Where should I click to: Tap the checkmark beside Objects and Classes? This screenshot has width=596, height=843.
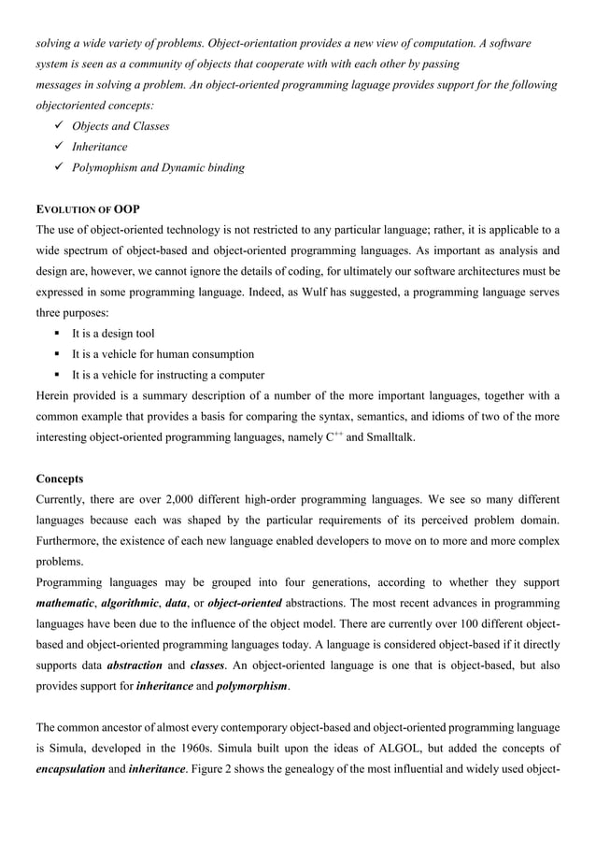59,126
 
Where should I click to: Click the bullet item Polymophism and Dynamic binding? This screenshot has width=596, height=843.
159,168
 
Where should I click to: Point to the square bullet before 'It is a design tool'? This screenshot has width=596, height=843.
59,334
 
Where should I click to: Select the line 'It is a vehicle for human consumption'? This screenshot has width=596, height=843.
163,354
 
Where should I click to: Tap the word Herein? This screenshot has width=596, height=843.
55,395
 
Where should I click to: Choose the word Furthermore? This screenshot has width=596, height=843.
74,542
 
